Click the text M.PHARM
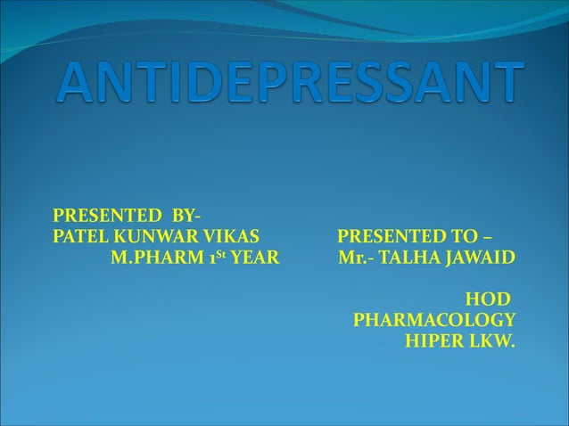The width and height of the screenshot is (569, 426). (153, 259)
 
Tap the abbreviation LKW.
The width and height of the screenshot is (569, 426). (493, 340)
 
